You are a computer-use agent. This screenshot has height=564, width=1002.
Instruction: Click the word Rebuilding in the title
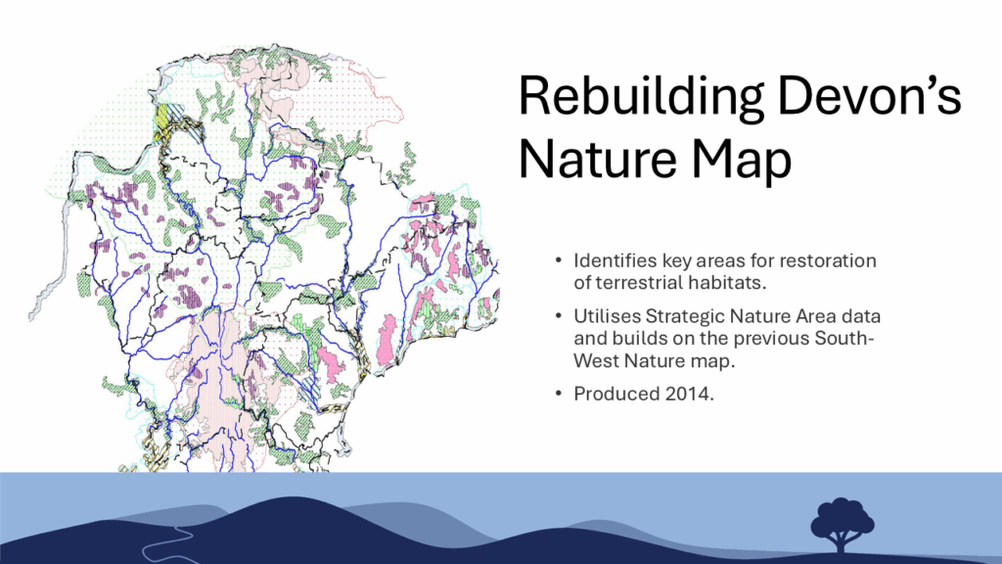tap(640, 97)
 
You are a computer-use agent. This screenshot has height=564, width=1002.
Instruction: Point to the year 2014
tap(690, 394)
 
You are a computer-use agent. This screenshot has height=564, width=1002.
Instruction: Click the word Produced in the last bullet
tap(616, 394)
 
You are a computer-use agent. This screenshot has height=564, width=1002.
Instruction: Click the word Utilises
tap(607, 316)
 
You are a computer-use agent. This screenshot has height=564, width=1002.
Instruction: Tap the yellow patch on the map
tap(162, 117)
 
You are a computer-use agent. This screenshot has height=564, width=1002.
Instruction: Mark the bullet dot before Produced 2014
tap(559, 394)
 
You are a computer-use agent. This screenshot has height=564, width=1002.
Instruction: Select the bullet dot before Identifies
tap(559, 260)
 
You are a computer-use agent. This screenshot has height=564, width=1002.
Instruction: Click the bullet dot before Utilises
tap(559, 316)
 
